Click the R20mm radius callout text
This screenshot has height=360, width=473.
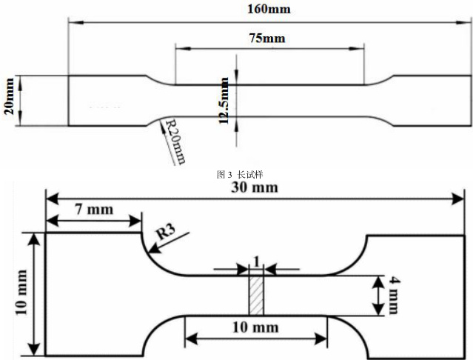175,141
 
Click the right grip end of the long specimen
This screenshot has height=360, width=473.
433,101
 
